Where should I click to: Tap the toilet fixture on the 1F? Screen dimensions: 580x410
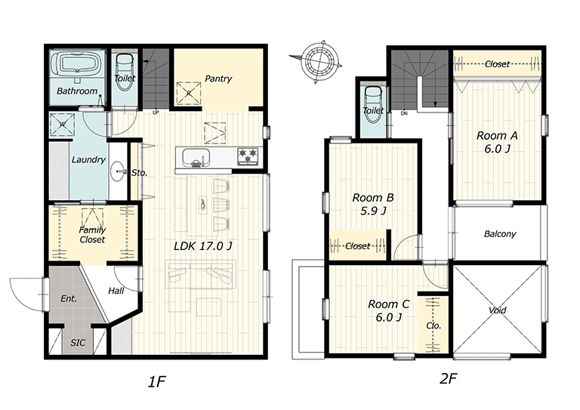(x=125, y=71)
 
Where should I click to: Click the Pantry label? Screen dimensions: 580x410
(x=218, y=79)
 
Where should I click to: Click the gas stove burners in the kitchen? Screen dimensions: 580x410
(x=248, y=156)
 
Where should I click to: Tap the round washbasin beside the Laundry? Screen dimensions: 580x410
(x=118, y=171)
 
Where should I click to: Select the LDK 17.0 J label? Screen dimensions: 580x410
(x=203, y=246)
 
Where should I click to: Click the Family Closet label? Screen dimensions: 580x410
(x=92, y=235)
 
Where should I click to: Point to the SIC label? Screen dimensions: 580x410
(x=78, y=343)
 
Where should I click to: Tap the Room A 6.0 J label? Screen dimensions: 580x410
(x=497, y=142)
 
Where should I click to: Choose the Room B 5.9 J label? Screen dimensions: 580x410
(x=373, y=204)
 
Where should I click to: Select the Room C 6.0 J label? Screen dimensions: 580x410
(x=388, y=310)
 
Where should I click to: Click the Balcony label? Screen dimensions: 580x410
(x=500, y=234)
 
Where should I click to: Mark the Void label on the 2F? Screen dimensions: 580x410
(x=497, y=310)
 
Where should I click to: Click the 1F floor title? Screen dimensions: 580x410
(x=157, y=381)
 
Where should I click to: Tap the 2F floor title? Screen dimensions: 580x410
(x=449, y=378)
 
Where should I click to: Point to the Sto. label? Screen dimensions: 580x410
(x=140, y=172)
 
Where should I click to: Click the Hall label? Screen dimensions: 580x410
(x=116, y=291)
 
